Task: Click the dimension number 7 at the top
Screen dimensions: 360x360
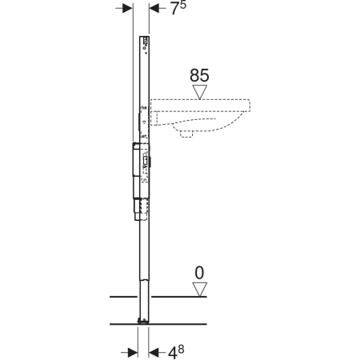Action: pyautogui.click(x=174, y=9)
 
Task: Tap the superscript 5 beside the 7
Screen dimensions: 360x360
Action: pyautogui.click(x=183, y=5)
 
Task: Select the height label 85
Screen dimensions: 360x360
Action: pyautogui.click(x=199, y=75)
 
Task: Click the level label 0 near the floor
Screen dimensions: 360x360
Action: pyautogui.click(x=199, y=273)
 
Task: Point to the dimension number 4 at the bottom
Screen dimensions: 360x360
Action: pyautogui.click(x=173, y=354)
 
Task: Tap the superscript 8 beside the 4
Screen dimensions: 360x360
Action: pyautogui.click(x=181, y=349)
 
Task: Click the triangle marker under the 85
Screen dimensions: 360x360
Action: pyautogui.click(x=200, y=92)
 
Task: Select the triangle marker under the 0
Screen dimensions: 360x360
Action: pyautogui.click(x=200, y=290)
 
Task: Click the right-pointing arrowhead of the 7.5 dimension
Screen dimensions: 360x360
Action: pyautogui.click(x=127, y=8)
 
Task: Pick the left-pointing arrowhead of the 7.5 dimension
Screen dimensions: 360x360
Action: pyautogui.click(x=154, y=8)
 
